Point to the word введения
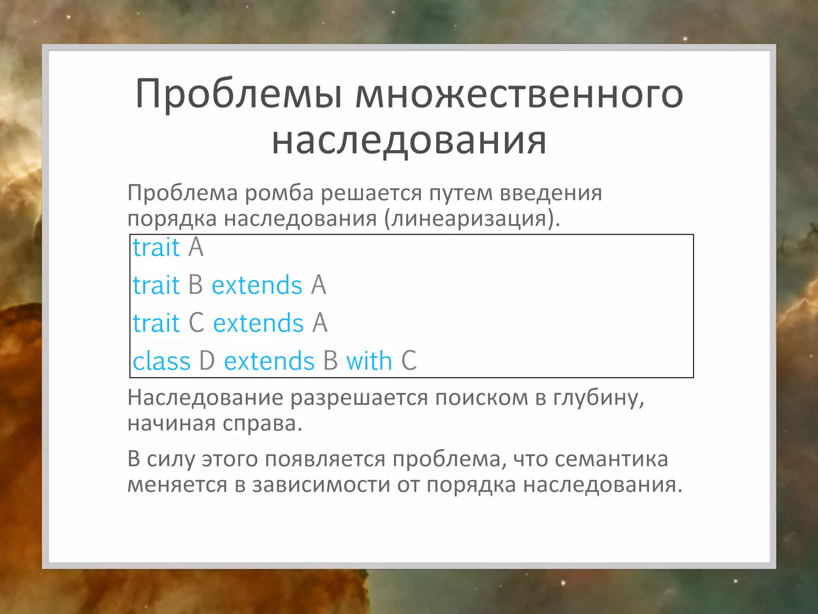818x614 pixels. point(551,193)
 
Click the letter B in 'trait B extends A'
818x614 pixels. point(195,285)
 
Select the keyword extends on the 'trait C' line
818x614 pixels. point(258,323)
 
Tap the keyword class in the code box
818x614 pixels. point(161,361)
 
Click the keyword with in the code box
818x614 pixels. point(369,361)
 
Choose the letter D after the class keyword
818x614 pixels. point(207,361)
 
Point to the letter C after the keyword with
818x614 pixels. point(409,361)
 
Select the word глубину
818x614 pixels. point(598,398)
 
